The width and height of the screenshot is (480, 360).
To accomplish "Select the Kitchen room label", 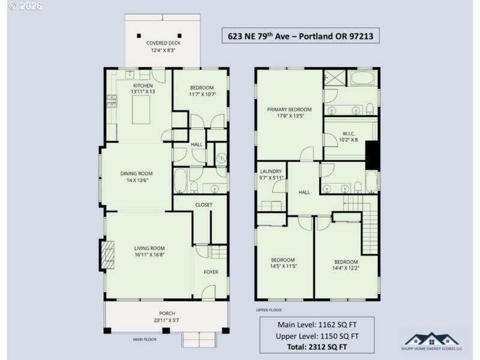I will tap(143, 88).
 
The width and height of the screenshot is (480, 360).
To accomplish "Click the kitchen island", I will tap(141, 111).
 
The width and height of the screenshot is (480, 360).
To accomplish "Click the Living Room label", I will tap(150, 251).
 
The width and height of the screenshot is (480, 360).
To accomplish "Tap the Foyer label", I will tap(211, 272).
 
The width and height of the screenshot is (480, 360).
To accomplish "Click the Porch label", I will tap(167, 316).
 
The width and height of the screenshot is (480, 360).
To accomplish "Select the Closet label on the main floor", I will tap(204, 205).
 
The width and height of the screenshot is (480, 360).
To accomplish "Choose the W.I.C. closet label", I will tap(350, 136).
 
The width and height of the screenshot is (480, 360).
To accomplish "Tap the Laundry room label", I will tap(271, 174).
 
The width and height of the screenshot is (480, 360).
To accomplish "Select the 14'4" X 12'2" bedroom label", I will tap(346, 265).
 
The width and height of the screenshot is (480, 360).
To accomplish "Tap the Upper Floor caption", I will tap(268, 310).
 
